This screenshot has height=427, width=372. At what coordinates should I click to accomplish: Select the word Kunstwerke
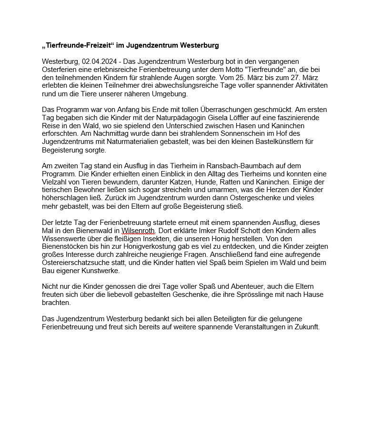(101, 271)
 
